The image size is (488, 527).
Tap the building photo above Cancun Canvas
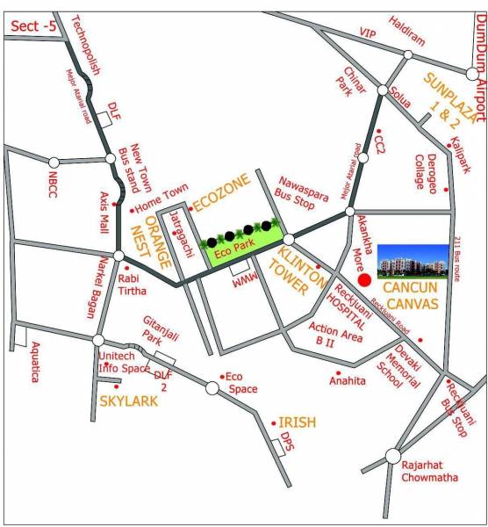point(413,261)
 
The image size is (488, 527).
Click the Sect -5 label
point(34,26)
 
